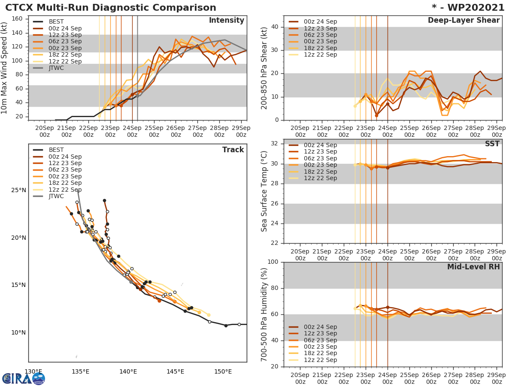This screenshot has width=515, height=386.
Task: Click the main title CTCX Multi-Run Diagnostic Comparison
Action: click(x=111, y=8)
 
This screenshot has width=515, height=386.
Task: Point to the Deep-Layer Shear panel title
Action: click(x=463, y=21)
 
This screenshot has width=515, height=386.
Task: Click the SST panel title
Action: click(x=492, y=144)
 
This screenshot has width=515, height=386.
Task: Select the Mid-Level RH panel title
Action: click(x=473, y=267)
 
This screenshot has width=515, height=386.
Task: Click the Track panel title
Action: click(x=233, y=150)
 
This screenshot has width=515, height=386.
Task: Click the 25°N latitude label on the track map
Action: click(x=18, y=190)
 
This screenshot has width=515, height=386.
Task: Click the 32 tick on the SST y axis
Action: click(x=276, y=144)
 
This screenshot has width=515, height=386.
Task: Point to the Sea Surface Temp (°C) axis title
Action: click(x=264, y=191)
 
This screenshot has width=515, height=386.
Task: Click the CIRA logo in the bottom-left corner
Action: click(x=23, y=378)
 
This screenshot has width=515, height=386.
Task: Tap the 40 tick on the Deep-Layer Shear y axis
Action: click(x=276, y=27)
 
